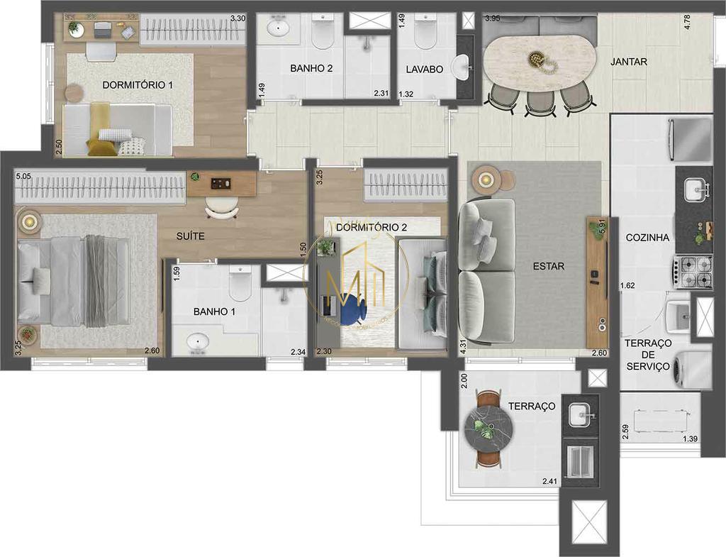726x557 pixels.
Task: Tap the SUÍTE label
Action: [191, 236]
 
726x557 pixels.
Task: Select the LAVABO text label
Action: [424, 70]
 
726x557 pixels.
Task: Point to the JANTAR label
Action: [628, 62]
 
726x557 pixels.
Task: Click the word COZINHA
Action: [647, 238]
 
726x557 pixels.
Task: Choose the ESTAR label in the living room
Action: [549, 267]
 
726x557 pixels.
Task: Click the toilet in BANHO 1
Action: [240, 285]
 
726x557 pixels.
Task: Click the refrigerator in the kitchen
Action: [690, 139]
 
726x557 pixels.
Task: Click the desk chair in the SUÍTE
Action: [222, 206]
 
